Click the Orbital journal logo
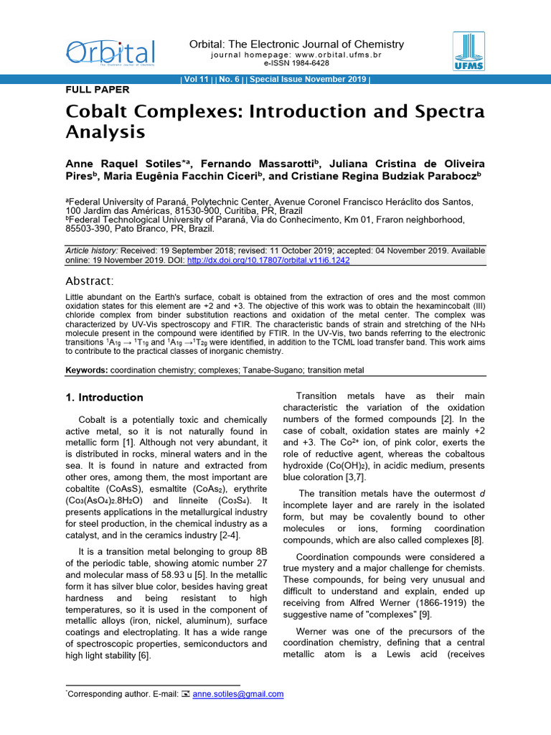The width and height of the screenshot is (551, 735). (x=110, y=52)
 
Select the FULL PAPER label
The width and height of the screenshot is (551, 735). (x=98, y=90)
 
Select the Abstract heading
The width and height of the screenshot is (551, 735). (x=90, y=281)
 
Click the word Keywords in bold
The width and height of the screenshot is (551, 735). (x=86, y=370)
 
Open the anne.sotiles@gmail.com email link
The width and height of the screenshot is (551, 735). (x=238, y=694)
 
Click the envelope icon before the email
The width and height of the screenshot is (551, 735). (x=185, y=694)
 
